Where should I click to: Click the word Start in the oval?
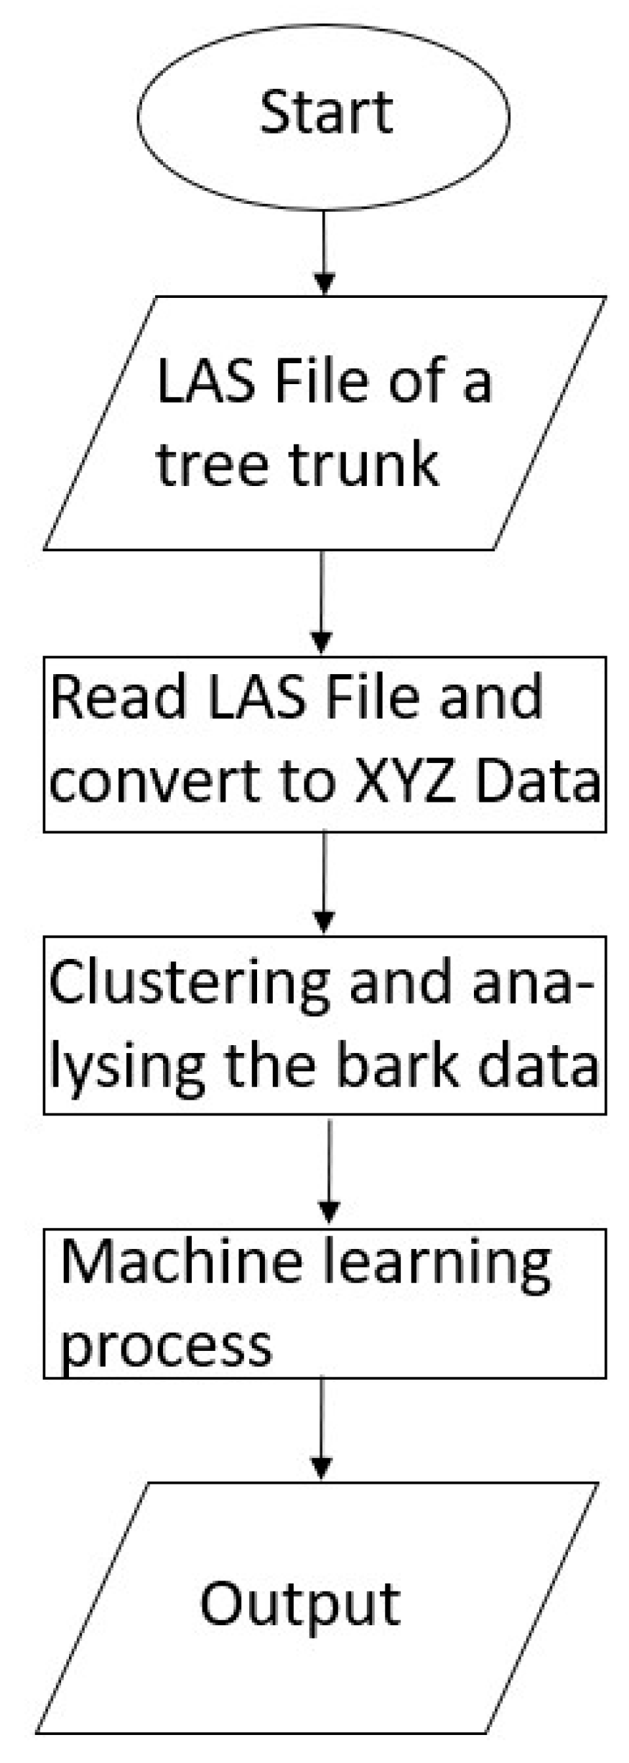[326, 113]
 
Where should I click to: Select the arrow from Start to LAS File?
[325, 251]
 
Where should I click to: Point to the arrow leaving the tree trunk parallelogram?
[322, 602]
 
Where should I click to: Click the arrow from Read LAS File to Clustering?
[325, 882]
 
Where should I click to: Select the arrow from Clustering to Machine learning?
[329, 1172]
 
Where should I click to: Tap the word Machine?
[182, 1262]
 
